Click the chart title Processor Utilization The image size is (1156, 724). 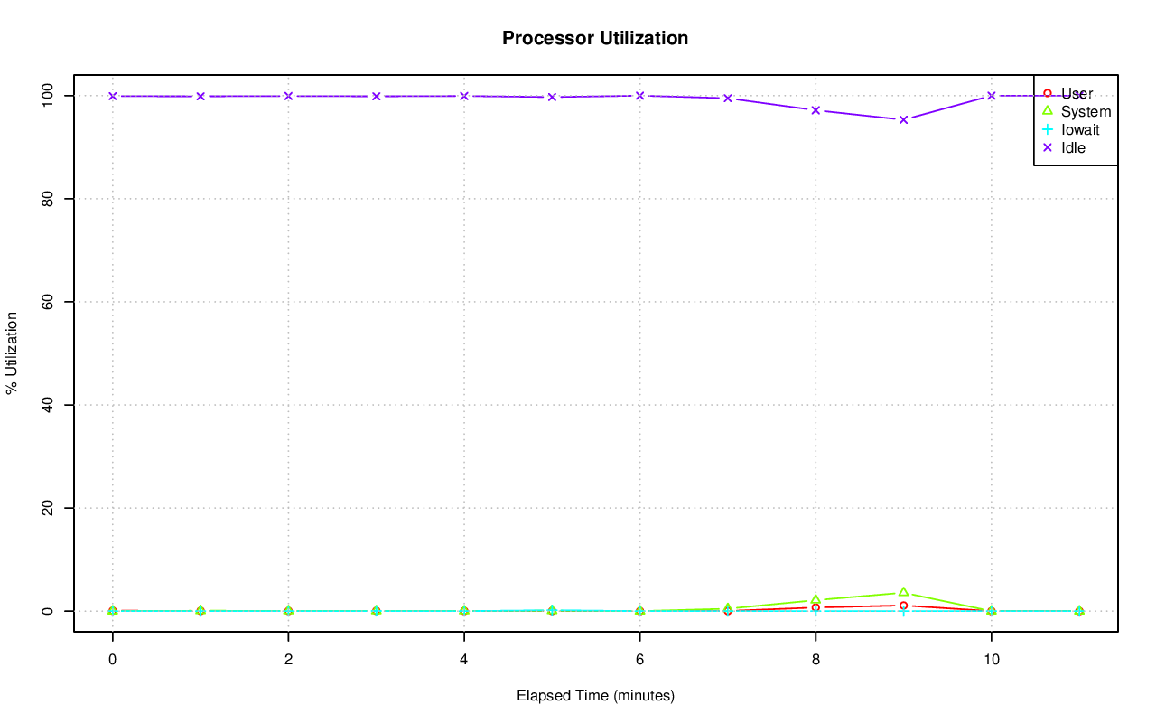[x=595, y=38]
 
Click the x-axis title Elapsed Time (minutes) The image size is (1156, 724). [x=595, y=696]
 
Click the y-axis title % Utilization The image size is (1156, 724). [x=13, y=353]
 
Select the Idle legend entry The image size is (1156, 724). [x=1073, y=147]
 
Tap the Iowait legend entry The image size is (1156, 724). [x=1080, y=129]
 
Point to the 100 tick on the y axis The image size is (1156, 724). [x=49, y=95]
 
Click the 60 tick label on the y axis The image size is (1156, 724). [x=49, y=301]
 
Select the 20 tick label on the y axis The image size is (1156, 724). [x=49, y=508]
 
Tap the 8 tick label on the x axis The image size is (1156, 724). [x=816, y=661]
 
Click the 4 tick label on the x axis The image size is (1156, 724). [x=464, y=661]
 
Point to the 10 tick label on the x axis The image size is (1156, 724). [x=992, y=661]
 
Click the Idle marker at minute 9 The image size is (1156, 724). [x=903, y=119]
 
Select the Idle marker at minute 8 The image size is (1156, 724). [x=816, y=110]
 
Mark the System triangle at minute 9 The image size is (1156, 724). [x=903, y=592]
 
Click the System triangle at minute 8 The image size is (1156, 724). [x=816, y=599]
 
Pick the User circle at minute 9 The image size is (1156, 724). [x=903, y=606]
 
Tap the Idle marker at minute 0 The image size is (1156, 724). [x=112, y=96]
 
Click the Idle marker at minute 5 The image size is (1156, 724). [x=552, y=97]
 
